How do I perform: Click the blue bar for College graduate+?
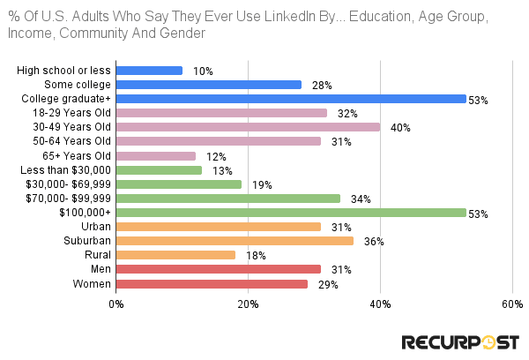pos(291,99)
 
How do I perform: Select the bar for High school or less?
pos(149,71)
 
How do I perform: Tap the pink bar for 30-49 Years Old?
pos(248,127)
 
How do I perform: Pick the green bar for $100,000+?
pos(291,213)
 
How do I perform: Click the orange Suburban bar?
pos(235,241)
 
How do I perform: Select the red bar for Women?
pos(212,284)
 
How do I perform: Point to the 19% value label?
pos(262,185)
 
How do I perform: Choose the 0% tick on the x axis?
pos(116,304)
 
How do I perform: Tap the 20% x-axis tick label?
pos(248,304)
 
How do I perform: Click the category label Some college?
pos(80,85)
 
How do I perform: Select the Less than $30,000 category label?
pos(66,170)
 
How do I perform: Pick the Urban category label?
pos(95,227)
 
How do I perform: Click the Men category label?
pos(100,269)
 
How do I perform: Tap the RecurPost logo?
pos(459,341)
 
